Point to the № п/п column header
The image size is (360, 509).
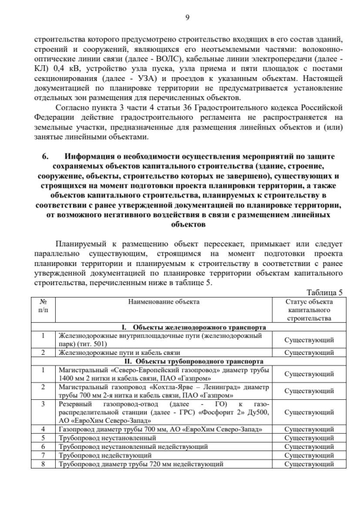43,305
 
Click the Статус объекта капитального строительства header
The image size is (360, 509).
308,309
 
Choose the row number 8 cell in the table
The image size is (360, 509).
43,464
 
